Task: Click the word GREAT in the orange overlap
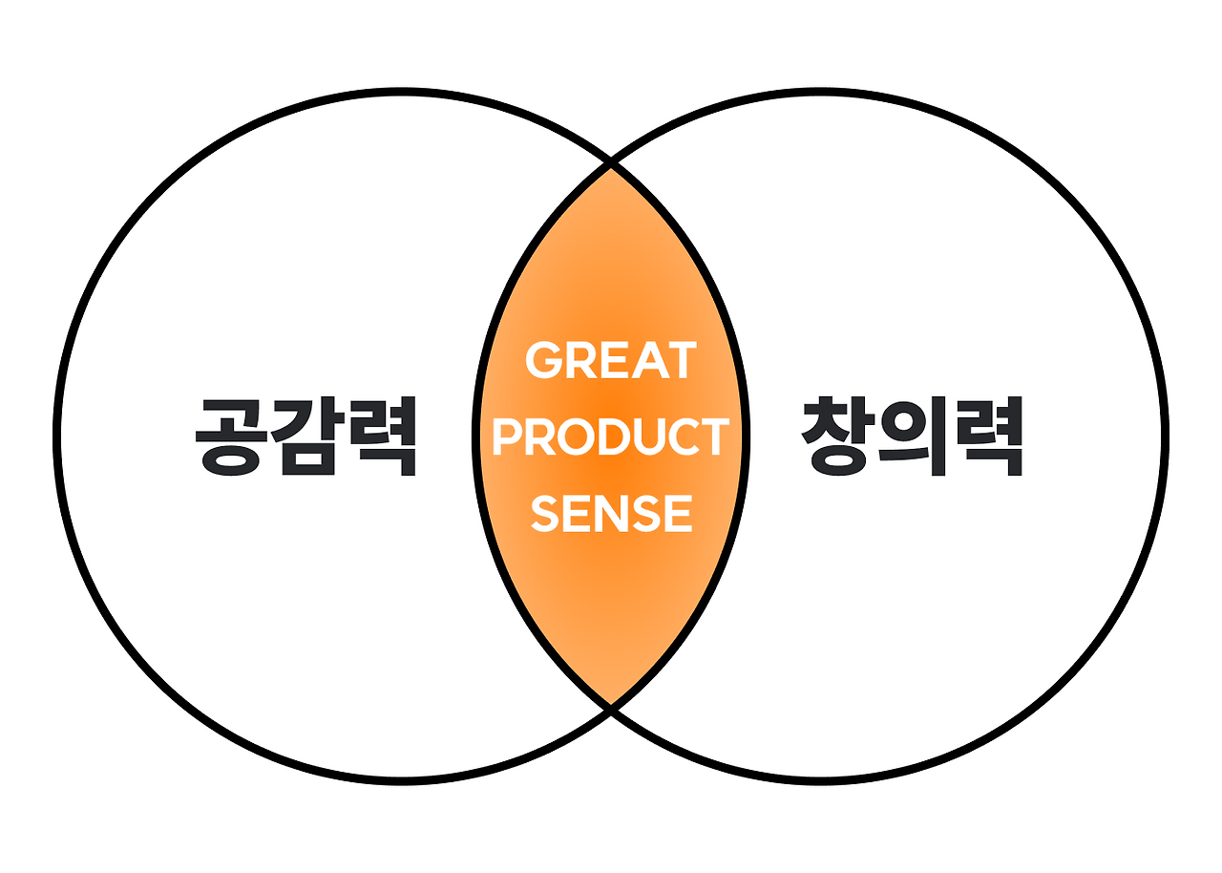point(611,360)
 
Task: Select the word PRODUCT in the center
point(611,436)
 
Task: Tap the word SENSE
point(611,513)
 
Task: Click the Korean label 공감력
point(306,436)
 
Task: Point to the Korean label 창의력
point(912,436)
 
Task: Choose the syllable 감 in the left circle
point(306,436)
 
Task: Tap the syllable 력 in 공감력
point(383,436)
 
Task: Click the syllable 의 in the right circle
point(912,436)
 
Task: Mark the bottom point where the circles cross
point(611,709)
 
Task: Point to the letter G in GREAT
point(545,360)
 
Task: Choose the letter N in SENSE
point(612,513)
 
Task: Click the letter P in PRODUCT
point(506,436)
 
